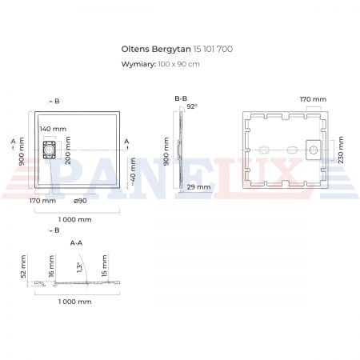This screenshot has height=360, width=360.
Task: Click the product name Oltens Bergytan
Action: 156,50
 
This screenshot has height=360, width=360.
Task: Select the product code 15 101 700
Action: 213,49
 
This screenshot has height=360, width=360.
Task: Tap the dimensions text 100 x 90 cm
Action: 178,64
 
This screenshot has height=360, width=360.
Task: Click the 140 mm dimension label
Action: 53,129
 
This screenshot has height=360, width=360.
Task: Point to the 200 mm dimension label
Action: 68,150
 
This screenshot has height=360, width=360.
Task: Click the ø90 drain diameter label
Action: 80,201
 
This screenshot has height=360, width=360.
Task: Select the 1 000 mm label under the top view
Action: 75,219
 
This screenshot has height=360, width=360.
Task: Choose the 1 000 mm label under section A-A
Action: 75,302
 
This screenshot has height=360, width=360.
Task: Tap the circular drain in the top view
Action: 49,150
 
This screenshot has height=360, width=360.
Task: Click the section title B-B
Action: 181,98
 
